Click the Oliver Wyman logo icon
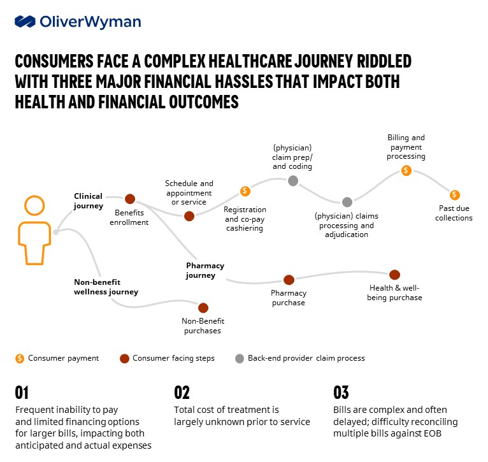tap(25, 22)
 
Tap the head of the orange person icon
tap(34, 206)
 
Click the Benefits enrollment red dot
tap(130, 199)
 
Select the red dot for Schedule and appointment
tap(189, 216)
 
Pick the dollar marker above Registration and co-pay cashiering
tap(245, 191)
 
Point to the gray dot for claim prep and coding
tap(293, 181)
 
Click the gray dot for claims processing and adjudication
tap(347, 202)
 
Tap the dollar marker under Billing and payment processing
tap(406, 171)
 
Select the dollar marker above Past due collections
tap(454, 195)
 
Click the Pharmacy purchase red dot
tap(289, 280)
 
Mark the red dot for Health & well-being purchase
tap(394, 275)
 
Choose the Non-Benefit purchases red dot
tap(203, 308)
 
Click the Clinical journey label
tap(88, 201)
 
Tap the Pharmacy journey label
tap(205, 271)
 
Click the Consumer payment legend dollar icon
tap(20, 358)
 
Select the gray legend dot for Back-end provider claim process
tap(240, 358)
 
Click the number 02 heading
tap(182, 393)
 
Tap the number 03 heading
tap(341, 393)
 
